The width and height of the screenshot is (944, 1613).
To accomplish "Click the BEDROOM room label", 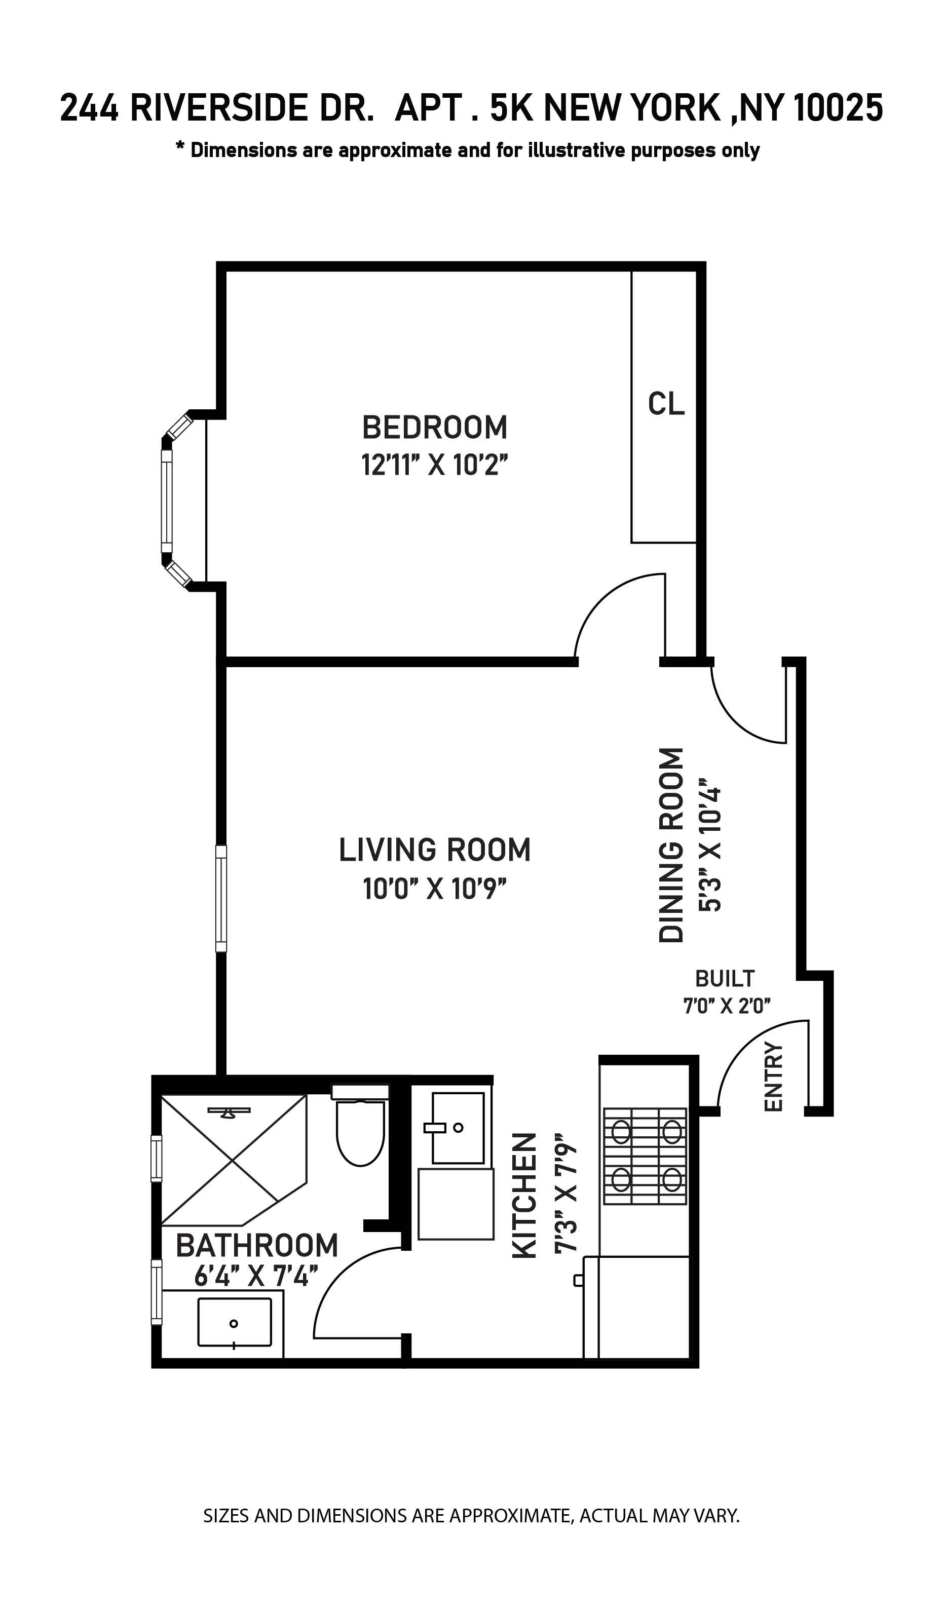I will (435, 428).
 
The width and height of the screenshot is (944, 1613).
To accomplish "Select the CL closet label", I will (666, 404).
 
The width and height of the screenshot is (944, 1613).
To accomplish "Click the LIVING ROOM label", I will (435, 850).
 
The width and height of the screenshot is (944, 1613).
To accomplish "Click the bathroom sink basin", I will (235, 1322).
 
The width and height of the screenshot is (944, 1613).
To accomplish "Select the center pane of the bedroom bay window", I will (167, 501).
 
